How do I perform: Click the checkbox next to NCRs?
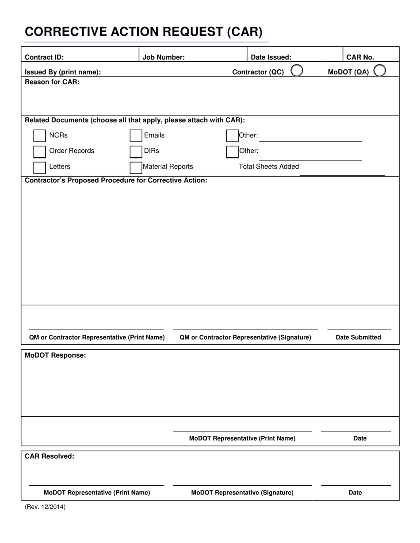39,136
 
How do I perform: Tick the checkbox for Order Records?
39,151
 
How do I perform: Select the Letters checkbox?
39,167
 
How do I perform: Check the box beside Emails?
136,136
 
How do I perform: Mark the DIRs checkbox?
136,151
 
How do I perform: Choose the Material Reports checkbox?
136,167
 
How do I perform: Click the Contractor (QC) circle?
297,71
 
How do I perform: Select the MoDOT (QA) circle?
379,71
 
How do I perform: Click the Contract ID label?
44,57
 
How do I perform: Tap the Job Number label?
164,57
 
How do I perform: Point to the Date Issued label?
271,57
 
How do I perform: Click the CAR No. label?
360,57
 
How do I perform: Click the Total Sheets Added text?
269,166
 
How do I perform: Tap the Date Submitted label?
358,337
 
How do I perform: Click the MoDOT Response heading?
55,355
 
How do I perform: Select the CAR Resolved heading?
50,456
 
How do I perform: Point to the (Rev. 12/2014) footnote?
45,507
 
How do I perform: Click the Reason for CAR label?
52,82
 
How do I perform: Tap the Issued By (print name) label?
63,72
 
